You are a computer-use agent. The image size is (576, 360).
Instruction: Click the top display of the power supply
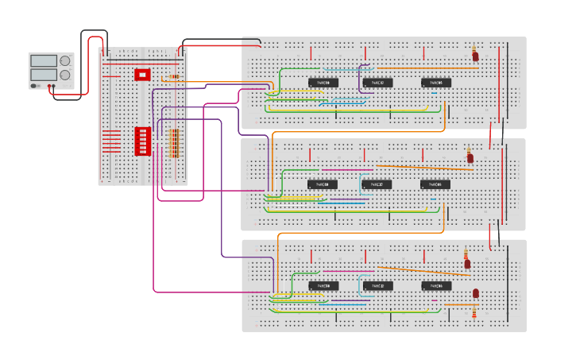click(43, 60)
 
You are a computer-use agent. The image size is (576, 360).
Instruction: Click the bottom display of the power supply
click(43, 74)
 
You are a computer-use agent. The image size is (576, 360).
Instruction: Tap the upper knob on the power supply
click(65, 60)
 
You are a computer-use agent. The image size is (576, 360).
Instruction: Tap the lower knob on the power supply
click(65, 75)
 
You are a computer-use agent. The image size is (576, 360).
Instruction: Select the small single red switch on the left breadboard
click(142, 75)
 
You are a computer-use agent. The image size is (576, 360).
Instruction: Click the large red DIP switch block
click(143, 141)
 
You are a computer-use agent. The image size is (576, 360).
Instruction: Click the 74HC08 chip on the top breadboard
click(323, 83)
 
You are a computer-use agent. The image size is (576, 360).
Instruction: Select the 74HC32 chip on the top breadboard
click(377, 83)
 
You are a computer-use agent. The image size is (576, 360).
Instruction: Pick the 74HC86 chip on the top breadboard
click(436, 83)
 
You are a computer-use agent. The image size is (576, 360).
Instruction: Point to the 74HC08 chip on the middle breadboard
click(323, 184)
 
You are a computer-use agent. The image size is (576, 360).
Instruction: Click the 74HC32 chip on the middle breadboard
click(377, 184)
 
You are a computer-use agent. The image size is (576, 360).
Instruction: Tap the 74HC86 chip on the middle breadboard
click(435, 184)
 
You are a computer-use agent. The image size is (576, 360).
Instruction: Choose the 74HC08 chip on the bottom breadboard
click(323, 285)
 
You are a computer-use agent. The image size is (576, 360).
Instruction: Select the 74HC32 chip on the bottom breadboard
click(377, 285)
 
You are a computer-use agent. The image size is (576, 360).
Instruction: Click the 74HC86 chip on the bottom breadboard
click(436, 285)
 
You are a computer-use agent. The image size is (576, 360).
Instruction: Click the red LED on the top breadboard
click(475, 56)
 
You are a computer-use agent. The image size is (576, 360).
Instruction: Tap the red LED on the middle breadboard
click(470, 157)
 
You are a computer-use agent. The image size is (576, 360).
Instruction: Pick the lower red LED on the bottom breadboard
click(476, 294)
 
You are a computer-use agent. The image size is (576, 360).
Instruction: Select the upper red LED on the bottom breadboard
click(467, 262)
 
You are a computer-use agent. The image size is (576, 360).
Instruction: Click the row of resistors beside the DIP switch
click(174, 143)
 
